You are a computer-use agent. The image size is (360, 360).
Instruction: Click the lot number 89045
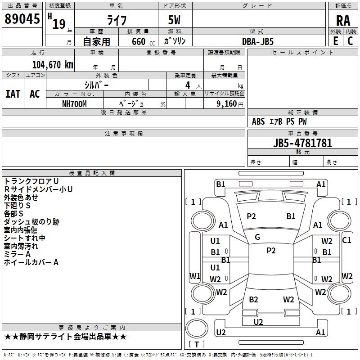pos(22,20)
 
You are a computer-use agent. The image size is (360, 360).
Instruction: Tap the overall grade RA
pos(343,21)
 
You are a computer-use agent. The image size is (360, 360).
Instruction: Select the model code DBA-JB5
pos(258,41)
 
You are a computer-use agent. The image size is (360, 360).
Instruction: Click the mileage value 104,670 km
pos(53,65)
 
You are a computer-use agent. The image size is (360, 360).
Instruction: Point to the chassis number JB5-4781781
pos(302,143)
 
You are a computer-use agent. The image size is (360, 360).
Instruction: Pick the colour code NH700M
pos(74,103)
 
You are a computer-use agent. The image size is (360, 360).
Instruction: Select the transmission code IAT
pos(13,94)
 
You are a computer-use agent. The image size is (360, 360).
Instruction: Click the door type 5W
pos(175,21)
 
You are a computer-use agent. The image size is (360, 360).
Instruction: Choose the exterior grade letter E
pos(335,41)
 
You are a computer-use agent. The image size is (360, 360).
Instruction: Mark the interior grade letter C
pos(350,41)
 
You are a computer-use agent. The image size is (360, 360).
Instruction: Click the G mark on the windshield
pos(257,237)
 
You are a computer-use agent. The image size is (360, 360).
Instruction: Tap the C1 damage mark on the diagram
pos(346,240)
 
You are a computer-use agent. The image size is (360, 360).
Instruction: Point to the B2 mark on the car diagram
pos(253,300)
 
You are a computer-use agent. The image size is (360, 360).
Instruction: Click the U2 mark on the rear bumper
pos(258,322)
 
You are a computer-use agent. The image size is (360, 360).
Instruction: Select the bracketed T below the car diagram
pos(197,344)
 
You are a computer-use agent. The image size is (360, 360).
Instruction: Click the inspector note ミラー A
pos(17,254)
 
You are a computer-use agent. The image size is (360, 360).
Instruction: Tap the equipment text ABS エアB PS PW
pos(279,121)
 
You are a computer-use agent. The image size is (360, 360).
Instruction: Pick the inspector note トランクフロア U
pos(31,181)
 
